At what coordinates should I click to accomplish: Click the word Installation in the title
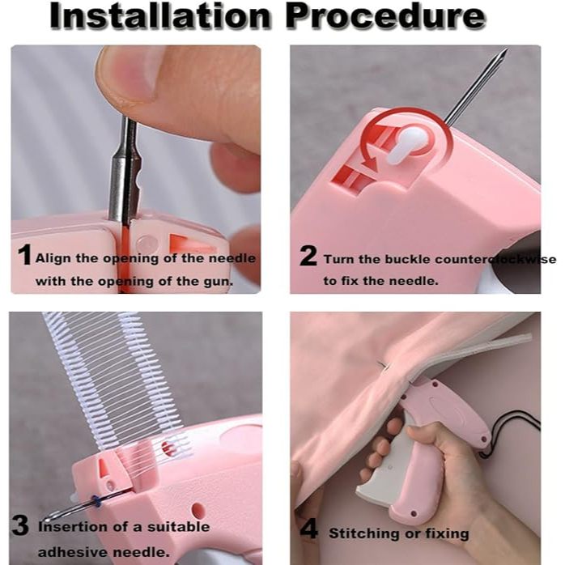(x=160, y=15)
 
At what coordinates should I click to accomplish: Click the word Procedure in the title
(x=386, y=15)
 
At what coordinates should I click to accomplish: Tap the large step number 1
(x=24, y=254)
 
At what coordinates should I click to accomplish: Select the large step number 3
(x=20, y=525)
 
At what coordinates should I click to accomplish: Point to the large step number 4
(x=309, y=529)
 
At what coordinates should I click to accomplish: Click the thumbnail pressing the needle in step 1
(x=126, y=74)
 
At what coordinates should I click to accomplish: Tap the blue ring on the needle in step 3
(x=96, y=501)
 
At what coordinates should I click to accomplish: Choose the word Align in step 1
(x=53, y=258)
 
